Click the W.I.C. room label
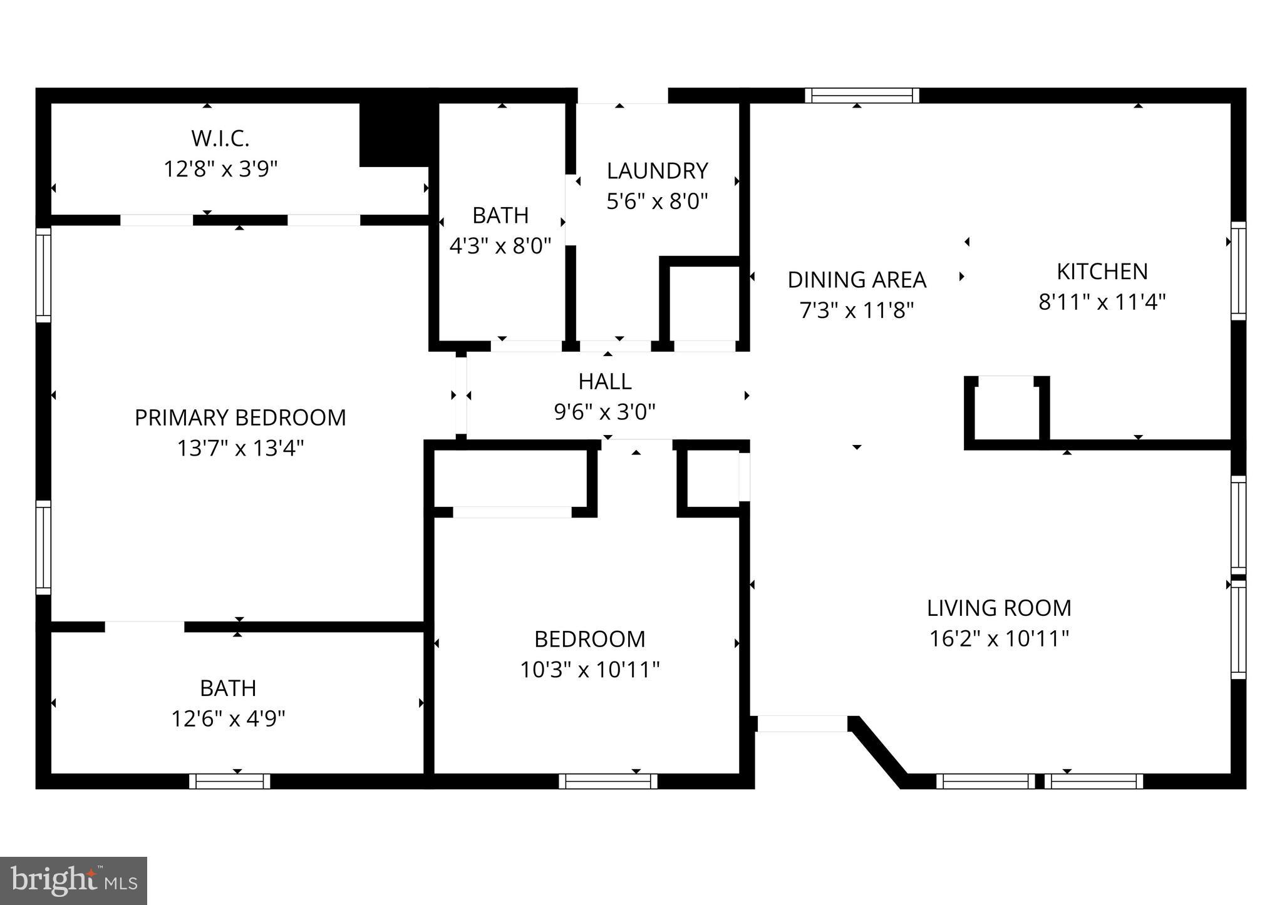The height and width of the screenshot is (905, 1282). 220,139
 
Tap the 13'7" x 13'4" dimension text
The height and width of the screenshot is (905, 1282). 240,448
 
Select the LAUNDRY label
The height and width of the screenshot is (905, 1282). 657,171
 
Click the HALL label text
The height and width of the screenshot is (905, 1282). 604,381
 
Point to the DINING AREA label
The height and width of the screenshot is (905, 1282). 856,280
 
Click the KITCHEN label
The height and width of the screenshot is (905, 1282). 1102,272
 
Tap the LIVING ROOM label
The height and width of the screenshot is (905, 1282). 999,608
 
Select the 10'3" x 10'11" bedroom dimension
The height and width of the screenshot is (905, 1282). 589,670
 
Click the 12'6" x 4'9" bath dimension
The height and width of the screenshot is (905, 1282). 228,718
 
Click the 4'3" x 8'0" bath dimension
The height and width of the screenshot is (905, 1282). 500,246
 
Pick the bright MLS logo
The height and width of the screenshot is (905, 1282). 73,881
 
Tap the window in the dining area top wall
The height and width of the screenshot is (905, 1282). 862,96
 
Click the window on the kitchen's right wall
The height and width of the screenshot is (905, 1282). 1238,270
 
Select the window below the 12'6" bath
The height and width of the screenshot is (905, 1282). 229,781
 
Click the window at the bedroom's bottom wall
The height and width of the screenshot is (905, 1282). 607,781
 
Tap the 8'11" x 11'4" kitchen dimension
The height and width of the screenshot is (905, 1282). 1102,302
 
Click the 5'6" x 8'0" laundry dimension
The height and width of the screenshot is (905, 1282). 657,202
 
